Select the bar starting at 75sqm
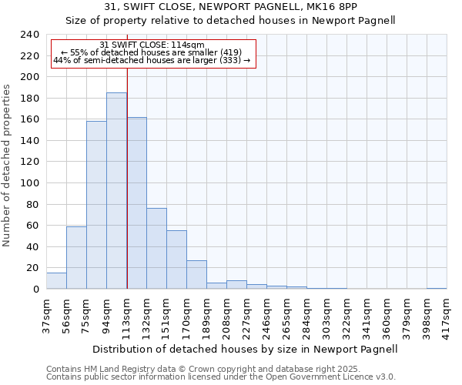96,205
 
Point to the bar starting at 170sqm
196,274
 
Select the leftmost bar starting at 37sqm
56,281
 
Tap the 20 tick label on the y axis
33,268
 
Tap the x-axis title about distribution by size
243,349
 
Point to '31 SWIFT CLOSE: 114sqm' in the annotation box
152,45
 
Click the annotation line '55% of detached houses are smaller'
151,52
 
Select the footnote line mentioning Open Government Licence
221,377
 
